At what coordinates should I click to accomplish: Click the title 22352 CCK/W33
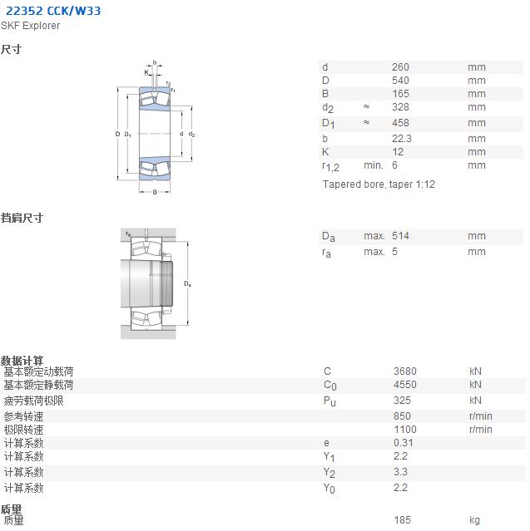(53, 11)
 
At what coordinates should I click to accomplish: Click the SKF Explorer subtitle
(30, 26)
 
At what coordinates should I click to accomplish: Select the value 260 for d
(400, 67)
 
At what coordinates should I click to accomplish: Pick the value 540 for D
(400, 81)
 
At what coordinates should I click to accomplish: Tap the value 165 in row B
(400, 94)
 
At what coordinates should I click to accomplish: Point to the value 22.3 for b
(402, 139)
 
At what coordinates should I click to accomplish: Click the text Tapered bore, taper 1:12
(379, 184)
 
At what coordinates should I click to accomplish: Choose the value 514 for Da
(400, 236)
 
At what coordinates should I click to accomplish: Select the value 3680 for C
(405, 371)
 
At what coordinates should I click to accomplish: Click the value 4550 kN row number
(405, 385)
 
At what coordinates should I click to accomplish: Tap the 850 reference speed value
(402, 416)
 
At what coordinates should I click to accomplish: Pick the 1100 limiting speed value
(405, 430)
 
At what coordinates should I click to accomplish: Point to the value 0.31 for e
(404, 443)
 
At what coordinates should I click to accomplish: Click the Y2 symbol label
(329, 472)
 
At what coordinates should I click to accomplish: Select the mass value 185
(402, 520)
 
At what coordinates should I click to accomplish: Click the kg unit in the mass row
(474, 520)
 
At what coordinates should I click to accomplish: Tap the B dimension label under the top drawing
(155, 192)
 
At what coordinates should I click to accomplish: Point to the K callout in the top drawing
(146, 72)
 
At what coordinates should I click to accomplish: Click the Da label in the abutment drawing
(187, 284)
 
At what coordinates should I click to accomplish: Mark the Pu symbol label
(329, 401)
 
